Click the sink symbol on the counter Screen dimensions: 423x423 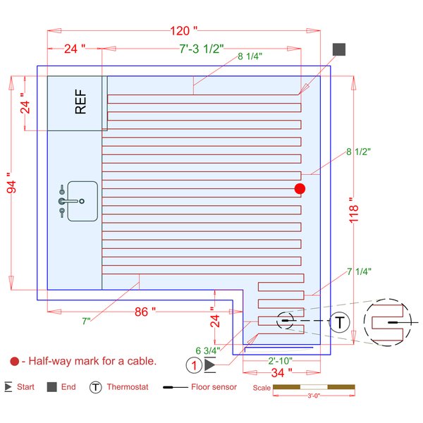pyautogui.click(x=78, y=201)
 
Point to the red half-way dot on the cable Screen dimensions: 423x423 pyautogui.click(x=300, y=188)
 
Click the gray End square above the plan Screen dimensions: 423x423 pyautogui.click(x=339, y=49)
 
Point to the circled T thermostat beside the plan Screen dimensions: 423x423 pyautogui.click(x=340, y=322)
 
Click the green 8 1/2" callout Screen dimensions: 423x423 pyautogui.click(x=358, y=152)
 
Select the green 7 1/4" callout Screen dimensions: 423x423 pyautogui.click(x=359, y=271)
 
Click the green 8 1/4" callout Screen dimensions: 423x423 pyautogui.click(x=250, y=56)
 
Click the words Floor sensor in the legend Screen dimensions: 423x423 pyautogui.click(x=215, y=387)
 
